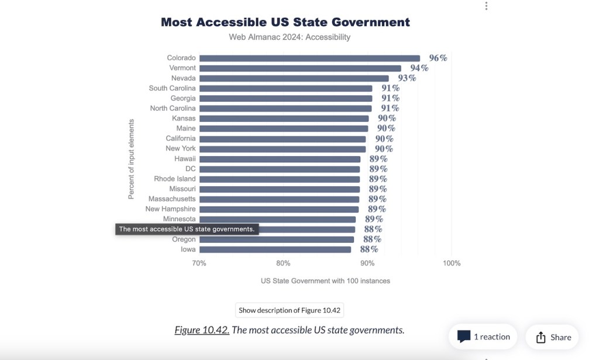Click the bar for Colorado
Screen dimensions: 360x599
(x=309, y=58)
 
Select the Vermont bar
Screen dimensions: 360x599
(x=300, y=68)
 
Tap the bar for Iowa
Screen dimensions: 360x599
(x=275, y=249)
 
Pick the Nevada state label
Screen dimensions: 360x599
(x=183, y=78)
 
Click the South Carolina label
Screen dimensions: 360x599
(x=172, y=88)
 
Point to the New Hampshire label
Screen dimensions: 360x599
(x=170, y=209)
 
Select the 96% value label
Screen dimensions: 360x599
(x=438, y=58)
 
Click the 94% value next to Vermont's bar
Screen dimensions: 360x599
(x=419, y=68)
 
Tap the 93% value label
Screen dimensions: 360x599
(x=407, y=78)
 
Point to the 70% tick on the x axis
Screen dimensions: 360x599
(x=199, y=263)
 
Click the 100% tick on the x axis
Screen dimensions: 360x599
(x=452, y=263)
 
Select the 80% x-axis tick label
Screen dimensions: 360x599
(x=283, y=263)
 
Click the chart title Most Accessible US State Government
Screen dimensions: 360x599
(x=285, y=22)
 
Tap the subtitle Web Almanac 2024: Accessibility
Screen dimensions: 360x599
(x=290, y=37)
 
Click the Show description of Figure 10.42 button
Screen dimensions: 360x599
(x=290, y=310)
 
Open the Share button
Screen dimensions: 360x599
(x=553, y=337)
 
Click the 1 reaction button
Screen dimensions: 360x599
(x=483, y=337)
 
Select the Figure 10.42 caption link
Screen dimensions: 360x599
(x=202, y=330)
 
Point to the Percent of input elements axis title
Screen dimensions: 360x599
(x=132, y=159)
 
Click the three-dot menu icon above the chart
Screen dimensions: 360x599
(x=486, y=6)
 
